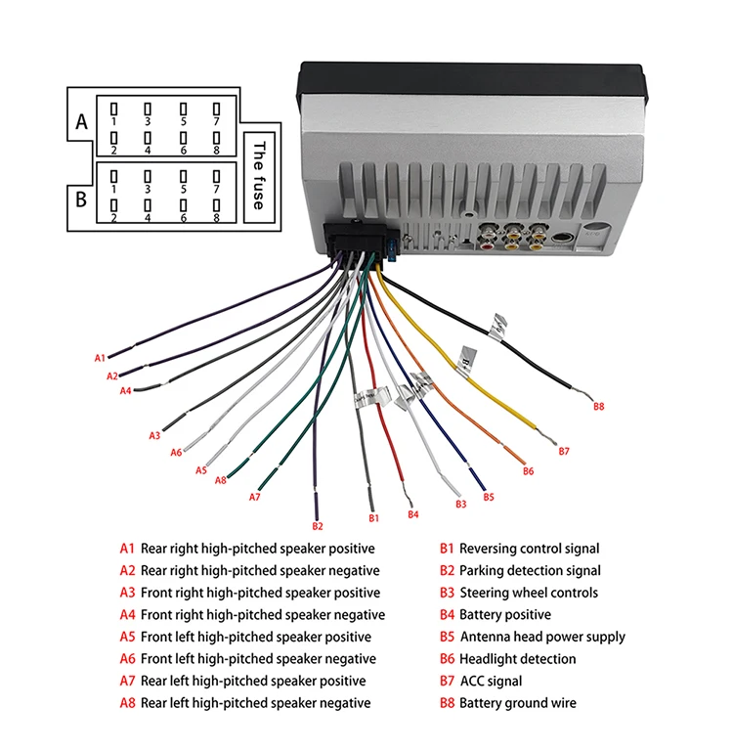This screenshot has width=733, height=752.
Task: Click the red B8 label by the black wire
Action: click(599, 405)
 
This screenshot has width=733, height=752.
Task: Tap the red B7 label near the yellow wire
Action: click(564, 451)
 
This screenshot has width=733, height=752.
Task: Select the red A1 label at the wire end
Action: click(100, 358)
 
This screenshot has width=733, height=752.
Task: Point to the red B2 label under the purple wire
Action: click(317, 526)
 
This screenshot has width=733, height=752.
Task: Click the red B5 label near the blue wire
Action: click(489, 497)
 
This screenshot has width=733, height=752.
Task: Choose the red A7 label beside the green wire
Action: click(255, 497)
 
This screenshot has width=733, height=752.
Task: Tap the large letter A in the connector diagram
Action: click(82, 122)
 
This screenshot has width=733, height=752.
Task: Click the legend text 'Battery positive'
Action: click(504, 615)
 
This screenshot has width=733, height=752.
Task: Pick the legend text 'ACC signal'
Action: click(491, 681)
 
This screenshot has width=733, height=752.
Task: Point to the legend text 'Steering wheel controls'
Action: click(528, 593)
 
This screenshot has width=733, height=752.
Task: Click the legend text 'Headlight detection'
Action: click(517, 659)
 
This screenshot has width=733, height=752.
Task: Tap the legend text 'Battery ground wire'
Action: click(517, 703)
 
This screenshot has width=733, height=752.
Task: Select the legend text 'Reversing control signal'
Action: click(529, 549)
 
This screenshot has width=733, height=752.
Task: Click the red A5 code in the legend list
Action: click(127, 637)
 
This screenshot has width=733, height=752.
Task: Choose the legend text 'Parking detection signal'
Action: click(530, 571)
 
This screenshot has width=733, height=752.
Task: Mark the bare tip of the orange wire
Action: click(520, 460)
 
